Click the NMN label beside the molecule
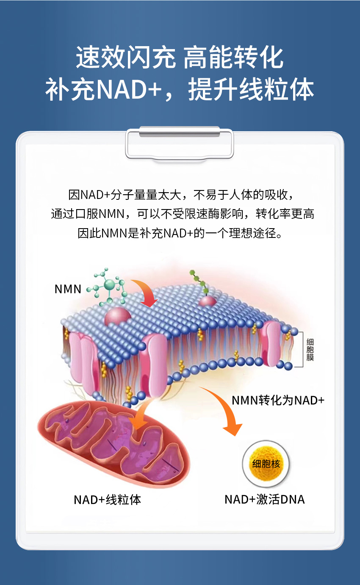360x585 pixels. pyautogui.click(x=68, y=289)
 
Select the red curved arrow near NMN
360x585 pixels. pyautogui.click(x=144, y=292)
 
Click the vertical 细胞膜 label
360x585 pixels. pyautogui.click(x=310, y=349)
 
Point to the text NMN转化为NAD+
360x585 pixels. pyautogui.click(x=278, y=400)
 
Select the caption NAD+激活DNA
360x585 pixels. pyautogui.click(x=264, y=499)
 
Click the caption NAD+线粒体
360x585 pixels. pyautogui.click(x=107, y=499)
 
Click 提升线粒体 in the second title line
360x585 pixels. pyautogui.click(x=251, y=89)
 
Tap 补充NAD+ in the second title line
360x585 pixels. pyautogui.click(x=103, y=89)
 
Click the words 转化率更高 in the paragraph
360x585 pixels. pyautogui.click(x=285, y=214)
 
